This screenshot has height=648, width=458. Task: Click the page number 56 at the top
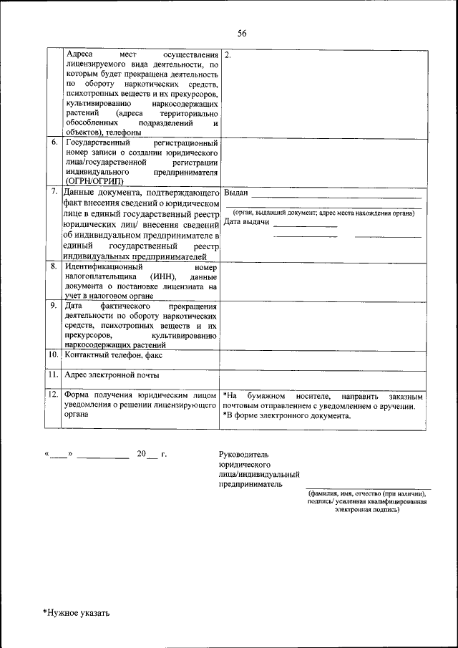point(242,34)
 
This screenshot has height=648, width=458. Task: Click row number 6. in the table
point(54,142)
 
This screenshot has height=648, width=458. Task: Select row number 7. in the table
point(54,193)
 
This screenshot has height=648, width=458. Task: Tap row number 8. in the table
point(54,266)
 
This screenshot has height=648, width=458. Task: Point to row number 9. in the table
point(54,305)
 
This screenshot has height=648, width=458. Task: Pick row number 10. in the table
point(54,354)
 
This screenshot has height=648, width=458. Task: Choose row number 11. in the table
point(54,374)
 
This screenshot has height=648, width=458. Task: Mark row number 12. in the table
point(54,395)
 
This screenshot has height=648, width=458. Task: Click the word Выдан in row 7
point(235,193)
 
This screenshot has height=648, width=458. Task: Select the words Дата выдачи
point(246,222)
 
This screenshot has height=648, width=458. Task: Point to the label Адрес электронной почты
point(111,374)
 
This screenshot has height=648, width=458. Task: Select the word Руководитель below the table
point(245,455)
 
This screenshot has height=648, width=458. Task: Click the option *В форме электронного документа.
point(286,416)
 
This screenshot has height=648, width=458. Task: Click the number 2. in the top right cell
point(228,55)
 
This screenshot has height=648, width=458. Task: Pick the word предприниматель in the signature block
point(251,484)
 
